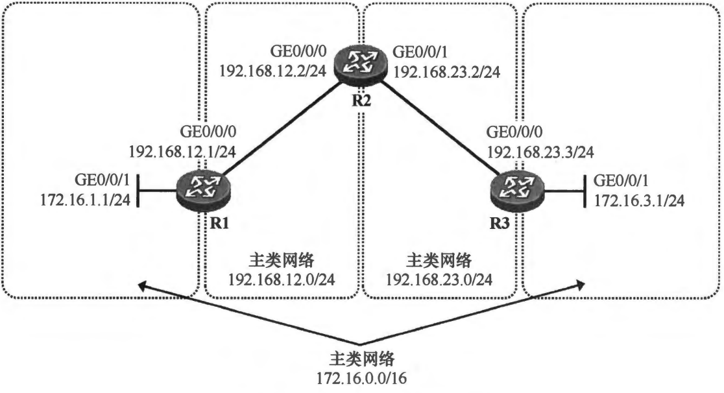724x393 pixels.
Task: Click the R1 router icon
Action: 203,188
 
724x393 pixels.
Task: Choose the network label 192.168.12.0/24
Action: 281,279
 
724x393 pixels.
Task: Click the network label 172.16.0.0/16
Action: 361,376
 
